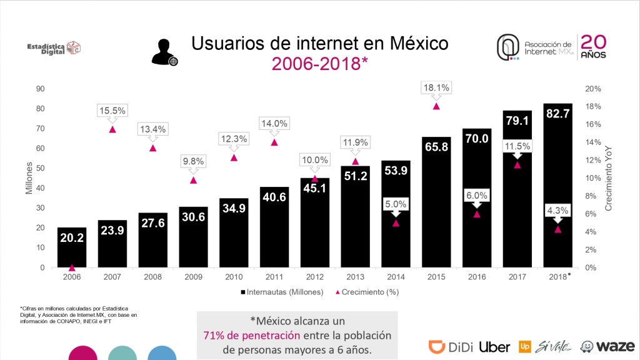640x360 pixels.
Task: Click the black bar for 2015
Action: point(436,206)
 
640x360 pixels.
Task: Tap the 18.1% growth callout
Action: point(436,88)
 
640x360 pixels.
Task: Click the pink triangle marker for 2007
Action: point(112,129)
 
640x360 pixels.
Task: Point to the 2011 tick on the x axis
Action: point(274,276)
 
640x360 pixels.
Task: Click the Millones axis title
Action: point(29,178)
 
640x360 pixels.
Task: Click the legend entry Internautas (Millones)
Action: point(281,292)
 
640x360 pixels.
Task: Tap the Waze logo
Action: point(608,346)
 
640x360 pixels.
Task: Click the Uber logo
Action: point(495,346)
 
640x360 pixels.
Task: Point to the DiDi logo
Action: point(451,346)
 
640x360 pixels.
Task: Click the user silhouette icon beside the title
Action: point(164,52)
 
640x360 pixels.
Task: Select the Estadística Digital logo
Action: point(54,48)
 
